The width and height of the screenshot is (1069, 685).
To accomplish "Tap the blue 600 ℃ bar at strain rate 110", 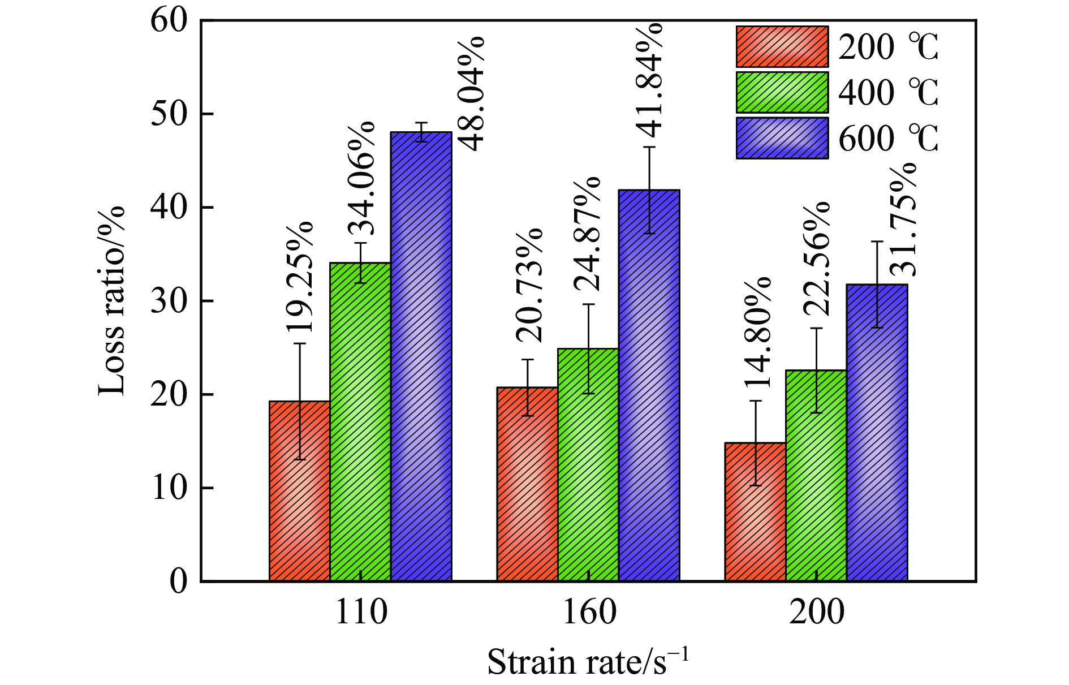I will tap(421, 356).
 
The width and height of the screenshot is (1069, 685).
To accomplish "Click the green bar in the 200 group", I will tap(816, 475).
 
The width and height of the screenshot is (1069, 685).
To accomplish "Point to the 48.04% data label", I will tap(471, 94).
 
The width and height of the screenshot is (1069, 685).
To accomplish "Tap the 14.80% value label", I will tap(758, 333).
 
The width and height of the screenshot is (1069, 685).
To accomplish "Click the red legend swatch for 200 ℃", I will tap(782, 46).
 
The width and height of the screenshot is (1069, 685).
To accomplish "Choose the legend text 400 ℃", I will tap(888, 93).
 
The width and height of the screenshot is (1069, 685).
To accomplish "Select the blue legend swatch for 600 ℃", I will tap(782, 138).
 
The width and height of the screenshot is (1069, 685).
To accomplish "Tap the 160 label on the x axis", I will tap(589, 613).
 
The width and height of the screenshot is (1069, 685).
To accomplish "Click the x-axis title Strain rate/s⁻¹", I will tap(588, 662).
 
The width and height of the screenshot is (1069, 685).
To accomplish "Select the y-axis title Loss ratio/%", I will tap(111, 300).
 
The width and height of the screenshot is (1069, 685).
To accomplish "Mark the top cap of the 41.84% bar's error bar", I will tap(649, 147).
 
